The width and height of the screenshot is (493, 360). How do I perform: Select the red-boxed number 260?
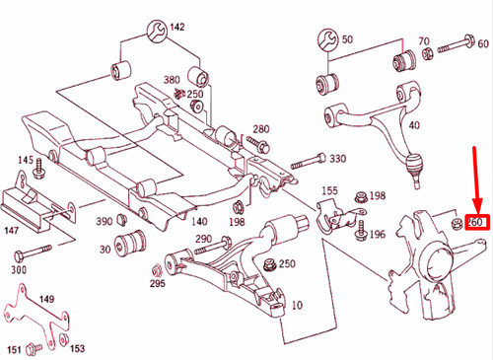476,222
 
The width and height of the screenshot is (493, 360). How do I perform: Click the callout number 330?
337,159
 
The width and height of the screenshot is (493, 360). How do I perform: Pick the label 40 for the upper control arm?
414,125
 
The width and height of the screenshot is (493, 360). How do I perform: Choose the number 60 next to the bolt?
482,43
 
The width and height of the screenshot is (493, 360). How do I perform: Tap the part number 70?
423,42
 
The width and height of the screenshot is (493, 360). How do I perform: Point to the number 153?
77,348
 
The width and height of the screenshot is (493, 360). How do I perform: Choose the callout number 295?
157,284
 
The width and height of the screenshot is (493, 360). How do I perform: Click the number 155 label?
329,190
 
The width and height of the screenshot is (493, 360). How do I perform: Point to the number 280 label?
260,130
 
